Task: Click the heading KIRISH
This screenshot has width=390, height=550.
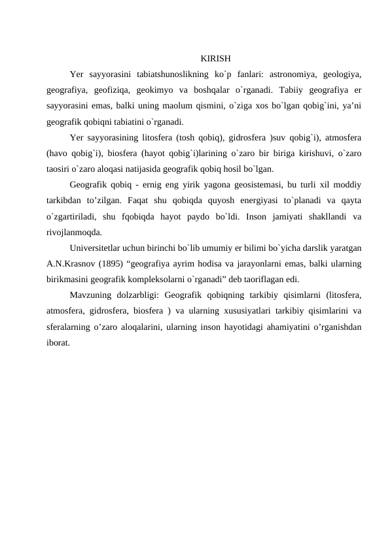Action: coord(215,57)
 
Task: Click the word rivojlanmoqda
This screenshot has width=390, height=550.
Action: coord(75,234)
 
